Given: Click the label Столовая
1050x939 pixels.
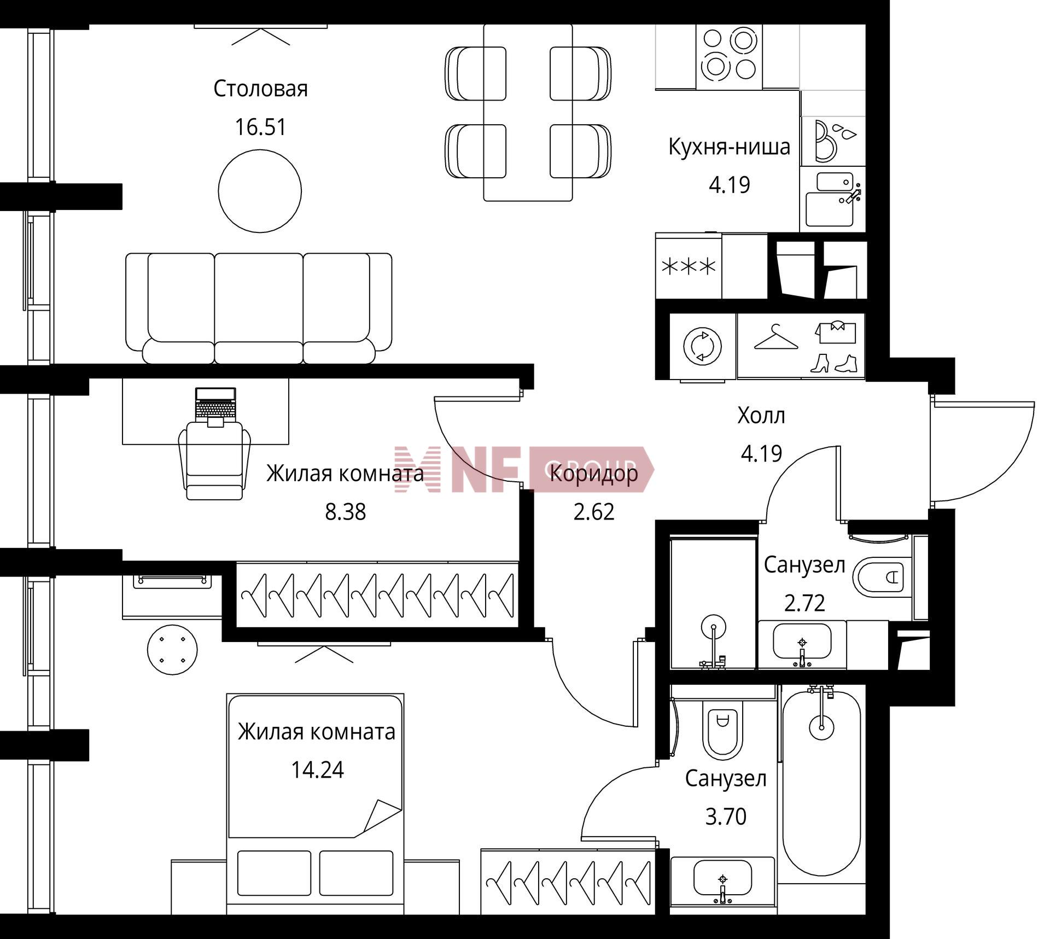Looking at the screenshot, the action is pyautogui.click(x=260, y=89).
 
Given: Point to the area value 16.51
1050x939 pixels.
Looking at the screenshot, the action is pyautogui.click(x=260, y=127).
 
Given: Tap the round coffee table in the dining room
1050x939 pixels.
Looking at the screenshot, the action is pyautogui.click(x=260, y=191).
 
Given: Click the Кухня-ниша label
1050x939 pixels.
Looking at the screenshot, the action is pyautogui.click(x=730, y=147).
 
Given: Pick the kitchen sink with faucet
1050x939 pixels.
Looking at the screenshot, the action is pyautogui.click(x=832, y=199).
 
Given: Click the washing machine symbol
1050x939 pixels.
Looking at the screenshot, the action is pyautogui.click(x=703, y=346).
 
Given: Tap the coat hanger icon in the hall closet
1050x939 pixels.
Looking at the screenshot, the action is pyautogui.click(x=775, y=337).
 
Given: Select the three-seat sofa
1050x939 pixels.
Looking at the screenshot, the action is pyautogui.click(x=259, y=308).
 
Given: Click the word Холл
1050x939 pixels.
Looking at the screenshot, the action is pyautogui.click(x=761, y=416).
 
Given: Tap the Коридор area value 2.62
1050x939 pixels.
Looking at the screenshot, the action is pyautogui.click(x=594, y=512).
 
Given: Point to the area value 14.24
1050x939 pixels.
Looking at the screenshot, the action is pyautogui.click(x=317, y=770).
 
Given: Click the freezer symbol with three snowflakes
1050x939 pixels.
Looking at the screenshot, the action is pyautogui.click(x=689, y=267).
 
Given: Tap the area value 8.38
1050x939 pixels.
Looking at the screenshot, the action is pyautogui.click(x=346, y=512).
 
